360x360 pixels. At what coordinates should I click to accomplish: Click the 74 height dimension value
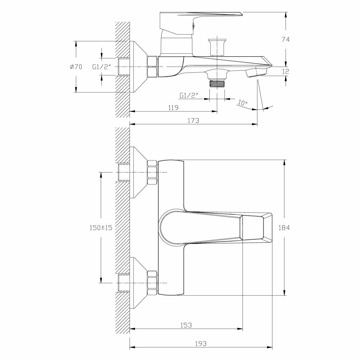click(x=286, y=39)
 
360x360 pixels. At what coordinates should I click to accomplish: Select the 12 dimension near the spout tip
click(x=286, y=71)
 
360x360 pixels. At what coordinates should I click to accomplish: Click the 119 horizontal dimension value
click(x=173, y=107)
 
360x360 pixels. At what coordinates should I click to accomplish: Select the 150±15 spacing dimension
click(x=101, y=228)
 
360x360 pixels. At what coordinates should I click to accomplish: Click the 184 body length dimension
click(x=284, y=228)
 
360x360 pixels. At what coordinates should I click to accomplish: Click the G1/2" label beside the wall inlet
click(x=102, y=67)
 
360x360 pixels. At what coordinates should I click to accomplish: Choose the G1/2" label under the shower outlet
click(x=189, y=95)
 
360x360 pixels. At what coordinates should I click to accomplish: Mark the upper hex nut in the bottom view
click(x=152, y=173)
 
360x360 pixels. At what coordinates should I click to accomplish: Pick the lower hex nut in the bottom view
click(x=152, y=282)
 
